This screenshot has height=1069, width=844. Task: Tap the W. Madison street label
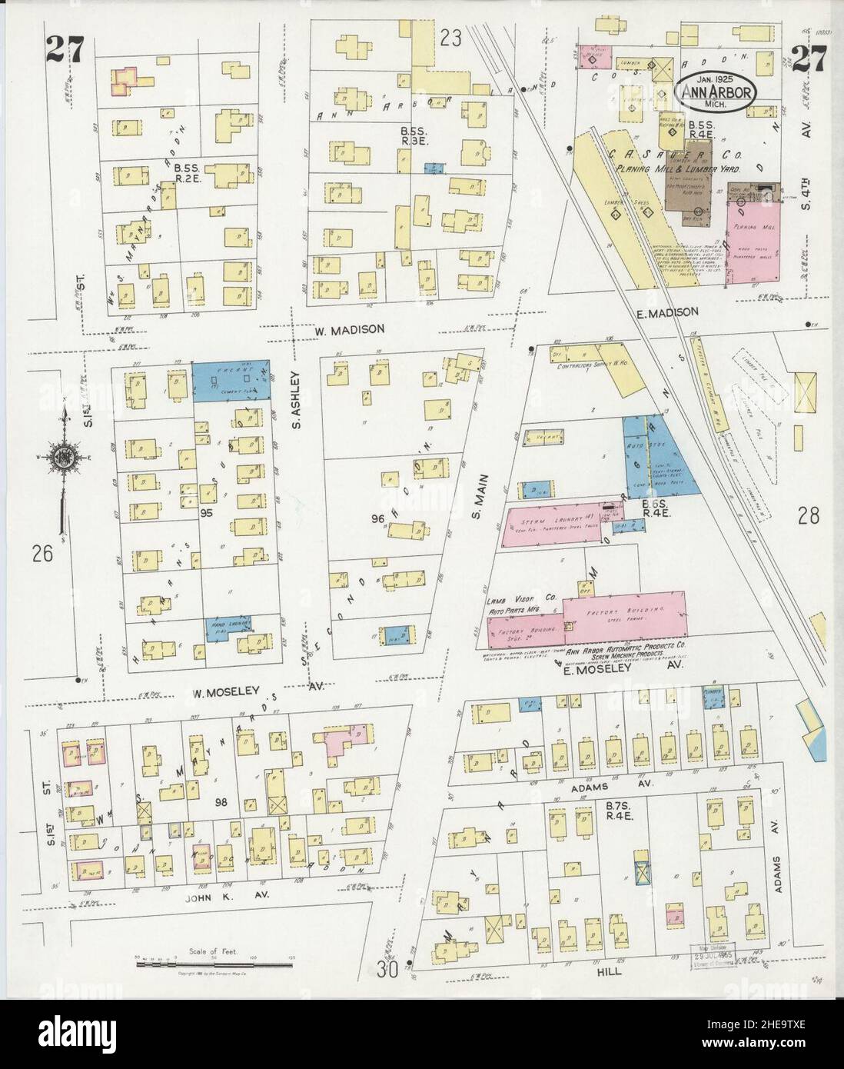(349, 329)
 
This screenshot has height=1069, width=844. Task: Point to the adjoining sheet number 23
(450, 16)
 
